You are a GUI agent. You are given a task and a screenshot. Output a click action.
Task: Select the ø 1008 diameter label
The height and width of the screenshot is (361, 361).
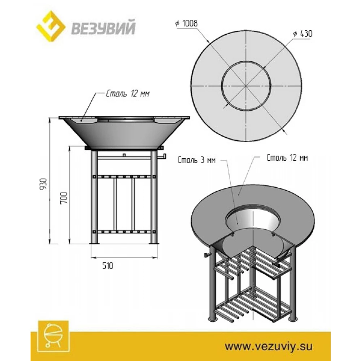click(187, 23)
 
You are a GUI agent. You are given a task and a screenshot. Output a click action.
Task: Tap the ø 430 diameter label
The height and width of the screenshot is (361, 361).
click(303, 34)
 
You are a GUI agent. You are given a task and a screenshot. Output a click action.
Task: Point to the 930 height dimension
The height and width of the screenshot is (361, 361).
click(44, 184)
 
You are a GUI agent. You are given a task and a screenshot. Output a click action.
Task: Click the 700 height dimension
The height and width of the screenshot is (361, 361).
click(64, 197)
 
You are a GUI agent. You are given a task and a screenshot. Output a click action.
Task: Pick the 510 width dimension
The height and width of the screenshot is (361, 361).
click(108, 266)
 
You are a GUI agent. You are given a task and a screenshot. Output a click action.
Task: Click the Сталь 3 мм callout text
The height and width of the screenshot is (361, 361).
click(196, 160)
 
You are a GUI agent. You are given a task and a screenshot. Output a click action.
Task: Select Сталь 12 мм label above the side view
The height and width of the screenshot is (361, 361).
click(127, 94)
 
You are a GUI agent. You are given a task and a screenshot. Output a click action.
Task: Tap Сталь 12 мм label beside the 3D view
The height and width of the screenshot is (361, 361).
click(287, 158)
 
